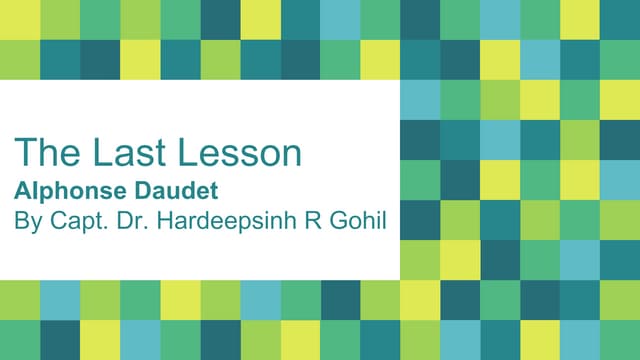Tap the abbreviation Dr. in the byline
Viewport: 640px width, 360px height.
click(129, 219)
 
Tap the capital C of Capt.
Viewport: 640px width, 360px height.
click(53, 219)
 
